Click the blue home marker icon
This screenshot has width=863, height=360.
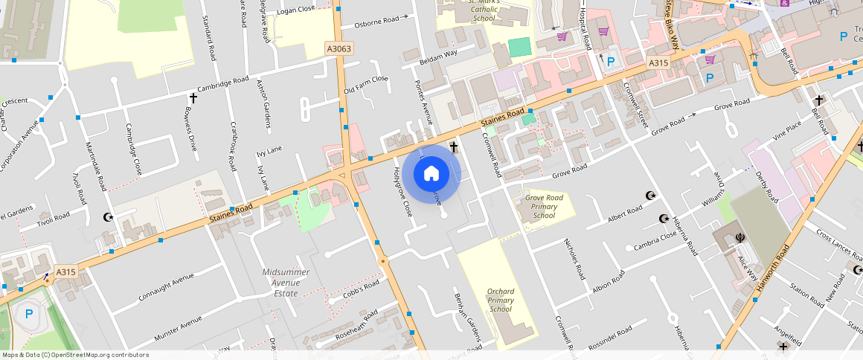pos(431,174)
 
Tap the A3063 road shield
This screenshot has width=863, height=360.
pos(339,48)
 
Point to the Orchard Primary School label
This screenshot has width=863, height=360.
pos(501,300)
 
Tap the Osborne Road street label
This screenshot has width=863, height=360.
pos(377,23)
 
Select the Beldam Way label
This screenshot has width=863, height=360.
pos(438,55)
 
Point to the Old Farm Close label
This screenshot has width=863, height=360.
pos(365,85)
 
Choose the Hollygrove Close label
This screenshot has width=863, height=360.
pos(401,191)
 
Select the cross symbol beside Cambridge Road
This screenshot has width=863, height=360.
pos(193,97)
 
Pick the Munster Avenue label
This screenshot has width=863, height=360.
pos(167,328)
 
